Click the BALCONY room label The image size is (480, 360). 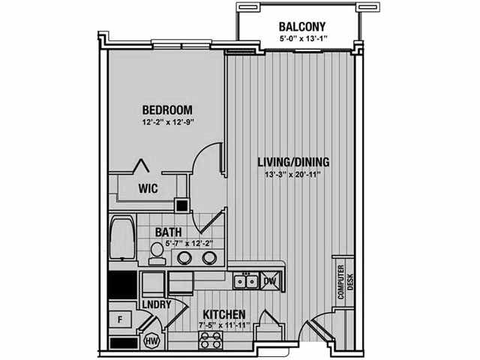301,27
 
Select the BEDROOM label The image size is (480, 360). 167,109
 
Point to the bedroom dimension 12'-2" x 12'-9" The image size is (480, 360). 168,122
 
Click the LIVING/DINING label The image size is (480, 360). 293,162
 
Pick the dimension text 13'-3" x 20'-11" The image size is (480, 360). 292,175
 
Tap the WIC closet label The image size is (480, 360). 148,188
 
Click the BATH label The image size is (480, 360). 168,232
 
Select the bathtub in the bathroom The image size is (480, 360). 123,238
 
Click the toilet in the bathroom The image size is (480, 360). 157,253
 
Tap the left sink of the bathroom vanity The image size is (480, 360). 185,258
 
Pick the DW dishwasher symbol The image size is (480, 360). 270,280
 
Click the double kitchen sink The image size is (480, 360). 246,281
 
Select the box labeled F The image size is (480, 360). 120,320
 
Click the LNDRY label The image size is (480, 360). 157,304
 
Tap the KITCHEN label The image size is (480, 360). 224,314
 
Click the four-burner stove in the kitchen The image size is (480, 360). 210,340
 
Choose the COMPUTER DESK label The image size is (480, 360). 345,282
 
